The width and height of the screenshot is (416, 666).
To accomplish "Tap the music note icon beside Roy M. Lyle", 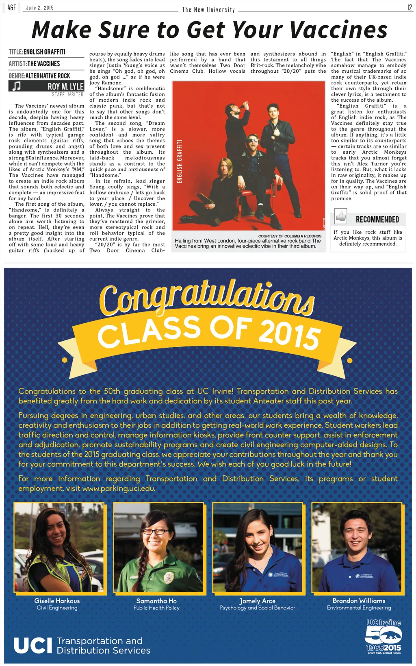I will point(17,86).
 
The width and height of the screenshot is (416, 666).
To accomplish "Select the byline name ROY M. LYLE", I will point(65,87).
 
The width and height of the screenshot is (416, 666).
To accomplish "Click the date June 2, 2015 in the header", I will point(40,8).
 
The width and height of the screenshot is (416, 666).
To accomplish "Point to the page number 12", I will point(409,8).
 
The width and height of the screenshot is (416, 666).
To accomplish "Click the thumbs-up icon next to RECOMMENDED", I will point(340,216).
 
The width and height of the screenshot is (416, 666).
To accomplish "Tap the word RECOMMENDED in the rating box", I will point(377,220).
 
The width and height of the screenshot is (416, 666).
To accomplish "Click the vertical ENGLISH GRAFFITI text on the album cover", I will point(180,162).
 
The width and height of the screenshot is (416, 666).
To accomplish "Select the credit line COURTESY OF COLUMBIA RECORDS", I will point(290,236).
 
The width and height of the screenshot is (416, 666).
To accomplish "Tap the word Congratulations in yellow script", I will point(207,296).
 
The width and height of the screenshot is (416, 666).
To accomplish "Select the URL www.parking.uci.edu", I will point(119,488).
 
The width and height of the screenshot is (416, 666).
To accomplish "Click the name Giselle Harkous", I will point(57,601).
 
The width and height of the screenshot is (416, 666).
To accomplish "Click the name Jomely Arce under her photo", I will point(257,601).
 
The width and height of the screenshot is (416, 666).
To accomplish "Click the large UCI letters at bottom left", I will point(33,645).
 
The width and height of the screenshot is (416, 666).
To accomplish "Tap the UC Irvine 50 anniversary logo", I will point(383,636).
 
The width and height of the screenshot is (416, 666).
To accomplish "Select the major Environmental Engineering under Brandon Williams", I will point(359,608).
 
